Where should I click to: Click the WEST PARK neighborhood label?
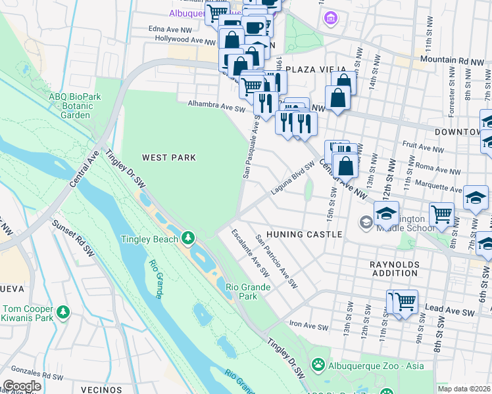[169, 158]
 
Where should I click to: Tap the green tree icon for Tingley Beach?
[188, 236]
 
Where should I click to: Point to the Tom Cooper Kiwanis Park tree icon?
[62, 310]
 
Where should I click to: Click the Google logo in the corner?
[22, 386]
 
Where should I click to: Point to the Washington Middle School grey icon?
[366, 223]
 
